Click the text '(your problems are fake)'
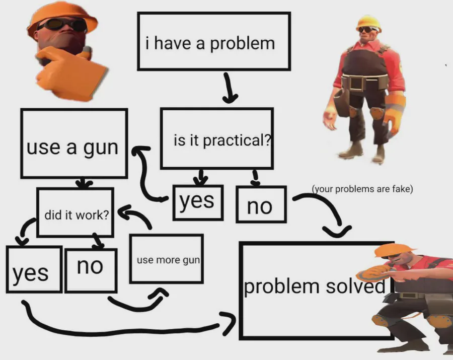click(x=362, y=189)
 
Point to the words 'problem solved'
click(x=315, y=286)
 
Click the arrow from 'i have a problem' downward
click(x=230, y=88)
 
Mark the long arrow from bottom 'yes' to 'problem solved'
click(x=121, y=332)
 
